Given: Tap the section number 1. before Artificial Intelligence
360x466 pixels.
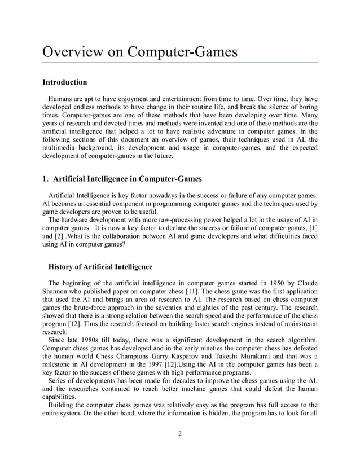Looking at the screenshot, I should pyautogui.click(x=47, y=180).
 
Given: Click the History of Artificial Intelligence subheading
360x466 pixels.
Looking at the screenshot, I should pyautogui.click(x=100, y=267).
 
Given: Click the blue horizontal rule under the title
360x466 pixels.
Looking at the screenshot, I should pyautogui.click(x=181, y=63).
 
